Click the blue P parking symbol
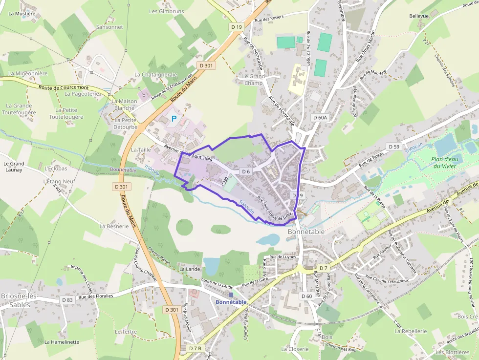[174, 119]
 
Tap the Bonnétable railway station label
[231, 302]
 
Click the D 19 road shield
[237, 27]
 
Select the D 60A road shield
[319, 118]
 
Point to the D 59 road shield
[393, 147]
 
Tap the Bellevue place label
[419, 16]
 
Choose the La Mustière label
[22, 14]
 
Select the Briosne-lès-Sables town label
[16, 300]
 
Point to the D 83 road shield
[67, 299]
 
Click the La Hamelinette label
[62, 342]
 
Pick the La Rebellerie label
[411, 331]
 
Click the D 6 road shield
[246, 172]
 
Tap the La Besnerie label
[114, 227]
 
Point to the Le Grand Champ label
[253, 80]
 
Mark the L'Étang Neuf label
[59, 181]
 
